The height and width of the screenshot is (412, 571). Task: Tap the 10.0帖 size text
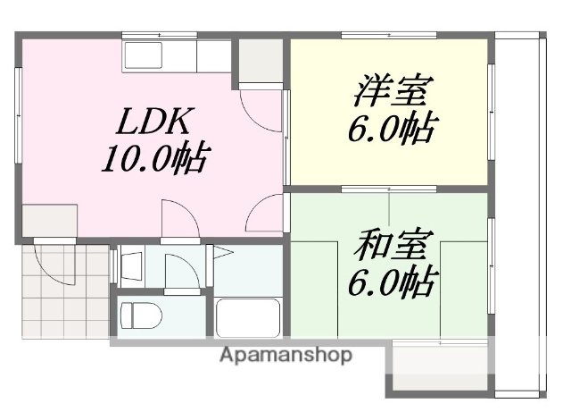coord(153,160)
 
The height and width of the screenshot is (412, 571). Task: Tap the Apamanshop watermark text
coord(285,355)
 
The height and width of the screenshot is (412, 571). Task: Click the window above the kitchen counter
coord(158,36)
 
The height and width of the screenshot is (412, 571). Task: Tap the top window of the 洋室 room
coord(389,36)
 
